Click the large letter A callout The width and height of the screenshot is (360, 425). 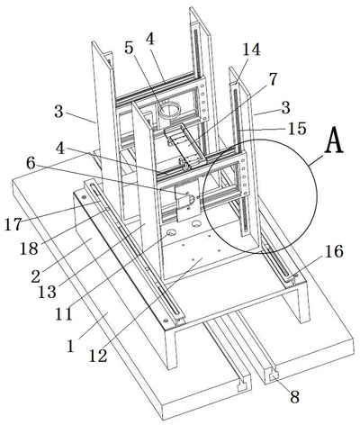pyautogui.click(x=335, y=141)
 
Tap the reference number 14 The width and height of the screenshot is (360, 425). pyautogui.click(x=251, y=50)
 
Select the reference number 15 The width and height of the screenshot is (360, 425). pyautogui.click(x=297, y=129)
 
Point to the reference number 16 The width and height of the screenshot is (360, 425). pyautogui.click(x=334, y=251)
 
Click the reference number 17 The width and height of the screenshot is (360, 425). pyautogui.click(x=13, y=224)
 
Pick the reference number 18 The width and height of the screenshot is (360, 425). pyautogui.click(x=29, y=249)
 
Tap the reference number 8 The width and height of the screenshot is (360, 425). pyautogui.click(x=294, y=397)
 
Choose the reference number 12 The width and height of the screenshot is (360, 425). pyautogui.click(x=98, y=356)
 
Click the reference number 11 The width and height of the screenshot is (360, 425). pyautogui.click(x=64, y=314)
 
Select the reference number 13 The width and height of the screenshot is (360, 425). pyautogui.click(x=47, y=292)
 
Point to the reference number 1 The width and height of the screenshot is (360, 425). pyautogui.click(x=71, y=347)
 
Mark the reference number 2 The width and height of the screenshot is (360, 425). pyautogui.click(x=35, y=276)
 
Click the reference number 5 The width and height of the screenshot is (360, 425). pyautogui.click(x=129, y=48)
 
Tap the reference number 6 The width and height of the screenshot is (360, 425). pyautogui.click(x=31, y=164)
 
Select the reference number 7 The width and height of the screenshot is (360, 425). pyautogui.click(x=272, y=79)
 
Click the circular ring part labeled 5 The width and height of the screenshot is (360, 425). pyautogui.click(x=169, y=110)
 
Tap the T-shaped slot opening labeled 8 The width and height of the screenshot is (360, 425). pyautogui.click(x=274, y=375)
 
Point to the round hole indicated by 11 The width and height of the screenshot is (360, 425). pyautogui.click(x=172, y=232)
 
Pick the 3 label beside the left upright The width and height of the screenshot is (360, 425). pyautogui.click(x=58, y=112)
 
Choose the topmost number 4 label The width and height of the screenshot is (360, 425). pyautogui.click(x=150, y=39)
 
